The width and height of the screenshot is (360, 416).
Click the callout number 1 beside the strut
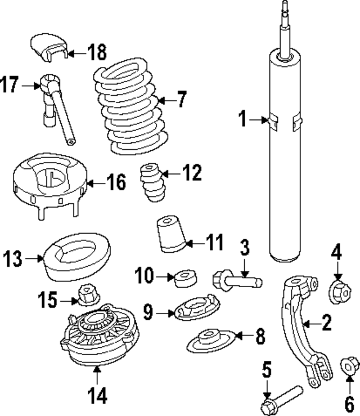pyautogui.click(x=242, y=119)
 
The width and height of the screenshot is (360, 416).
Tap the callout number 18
pyautogui.click(x=97, y=53)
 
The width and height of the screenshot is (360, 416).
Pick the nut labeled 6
pyautogui.click(x=349, y=368)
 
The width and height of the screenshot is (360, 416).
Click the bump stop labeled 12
pyautogui.click(x=150, y=185)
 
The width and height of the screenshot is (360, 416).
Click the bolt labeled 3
pyautogui.click(x=236, y=278)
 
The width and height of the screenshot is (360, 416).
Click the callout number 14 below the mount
pyautogui.click(x=96, y=396)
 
